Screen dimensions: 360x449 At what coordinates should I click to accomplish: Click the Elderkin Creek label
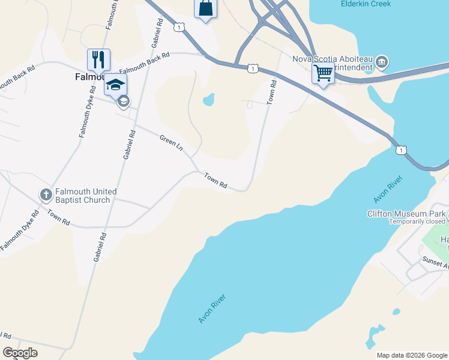(365, 4)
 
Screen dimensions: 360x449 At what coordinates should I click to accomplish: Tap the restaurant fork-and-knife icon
(98, 59)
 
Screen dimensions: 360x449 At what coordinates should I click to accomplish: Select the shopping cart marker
(323, 73)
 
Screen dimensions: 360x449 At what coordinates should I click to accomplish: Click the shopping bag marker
(205, 9)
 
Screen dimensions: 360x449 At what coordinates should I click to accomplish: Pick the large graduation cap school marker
(115, 84)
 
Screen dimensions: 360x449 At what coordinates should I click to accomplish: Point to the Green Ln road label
(171, 143)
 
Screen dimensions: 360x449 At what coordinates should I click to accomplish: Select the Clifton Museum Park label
(406, 214)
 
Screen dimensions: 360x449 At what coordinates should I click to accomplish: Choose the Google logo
(20, 353)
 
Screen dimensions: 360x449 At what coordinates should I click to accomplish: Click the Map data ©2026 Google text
(411, 355)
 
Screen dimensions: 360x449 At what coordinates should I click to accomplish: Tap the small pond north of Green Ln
(209, 99)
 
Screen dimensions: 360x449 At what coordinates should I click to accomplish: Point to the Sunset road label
(435, 262)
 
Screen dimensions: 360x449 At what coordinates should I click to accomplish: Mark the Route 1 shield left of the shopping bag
(179, 27)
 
